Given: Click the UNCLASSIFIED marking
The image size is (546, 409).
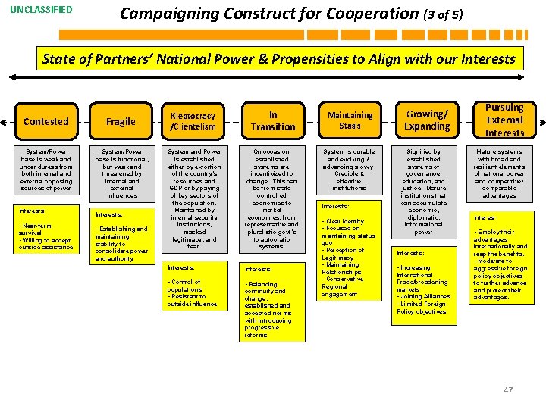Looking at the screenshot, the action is point(42,10).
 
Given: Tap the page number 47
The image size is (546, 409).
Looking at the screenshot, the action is point(508,390).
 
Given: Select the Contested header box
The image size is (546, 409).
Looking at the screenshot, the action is point(46,121).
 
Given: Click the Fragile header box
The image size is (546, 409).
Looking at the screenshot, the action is point(121,121).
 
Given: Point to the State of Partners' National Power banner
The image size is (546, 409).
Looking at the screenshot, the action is point(278,58).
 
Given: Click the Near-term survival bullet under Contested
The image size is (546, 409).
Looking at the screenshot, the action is point(38,229).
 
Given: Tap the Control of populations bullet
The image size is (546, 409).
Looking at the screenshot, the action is point(185,286).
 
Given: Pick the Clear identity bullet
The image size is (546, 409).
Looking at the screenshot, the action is point(344,221).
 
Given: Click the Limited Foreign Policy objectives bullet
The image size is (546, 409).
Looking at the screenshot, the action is point(422,308).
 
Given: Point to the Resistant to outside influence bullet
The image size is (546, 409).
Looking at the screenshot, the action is point(193,300).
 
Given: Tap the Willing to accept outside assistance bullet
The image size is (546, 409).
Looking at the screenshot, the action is point(45,243).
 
